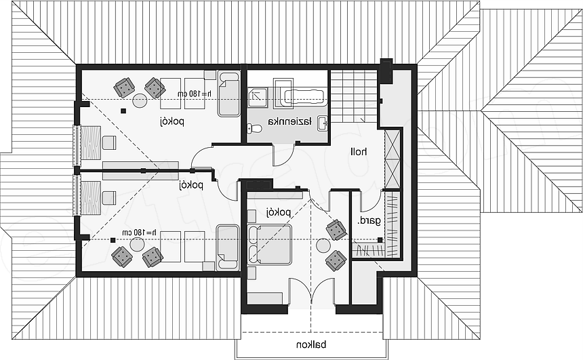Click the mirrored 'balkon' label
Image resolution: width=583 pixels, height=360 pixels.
311,345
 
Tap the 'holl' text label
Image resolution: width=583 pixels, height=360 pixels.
359,152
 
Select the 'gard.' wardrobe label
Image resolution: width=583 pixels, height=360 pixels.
369,221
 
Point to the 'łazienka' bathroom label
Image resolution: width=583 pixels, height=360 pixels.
290,122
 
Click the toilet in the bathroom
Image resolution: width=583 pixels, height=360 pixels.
254,129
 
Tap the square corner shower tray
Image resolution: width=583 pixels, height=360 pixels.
258,98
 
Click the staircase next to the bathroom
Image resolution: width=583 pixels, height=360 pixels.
354,96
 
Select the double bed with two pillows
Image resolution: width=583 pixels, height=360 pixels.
270,245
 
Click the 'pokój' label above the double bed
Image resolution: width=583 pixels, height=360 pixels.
278,212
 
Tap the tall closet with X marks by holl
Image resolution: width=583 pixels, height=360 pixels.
393,159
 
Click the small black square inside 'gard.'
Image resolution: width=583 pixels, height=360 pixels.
380,240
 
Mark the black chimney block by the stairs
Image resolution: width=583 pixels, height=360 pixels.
386,71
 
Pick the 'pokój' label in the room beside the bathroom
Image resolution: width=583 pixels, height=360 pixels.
172,121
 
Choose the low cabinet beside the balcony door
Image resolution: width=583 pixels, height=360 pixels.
265,298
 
